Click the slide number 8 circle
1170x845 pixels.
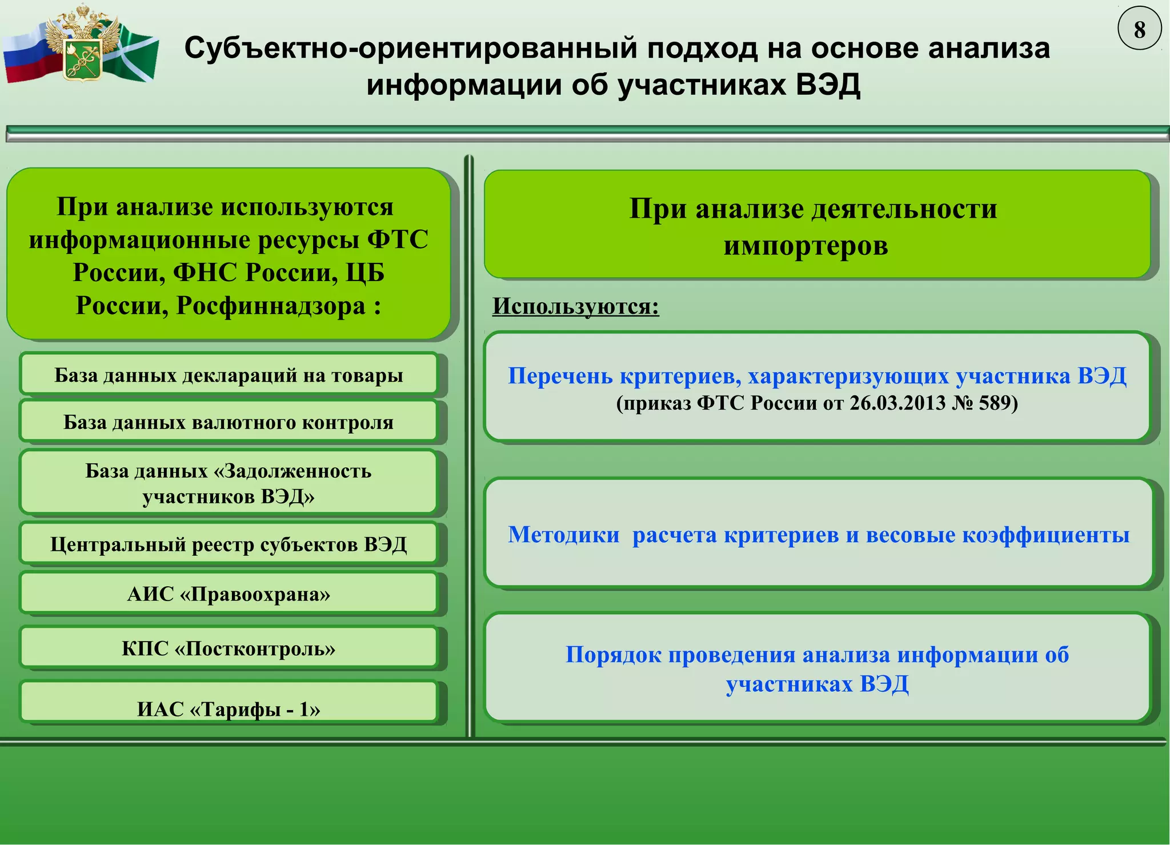(1139, 29)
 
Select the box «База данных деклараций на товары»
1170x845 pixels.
(229, 375)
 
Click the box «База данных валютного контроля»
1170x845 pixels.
(229, 422)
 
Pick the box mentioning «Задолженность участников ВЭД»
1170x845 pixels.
(229, 483)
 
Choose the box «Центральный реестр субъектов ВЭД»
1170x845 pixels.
(229, 544)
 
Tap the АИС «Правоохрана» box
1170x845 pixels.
(229, 594)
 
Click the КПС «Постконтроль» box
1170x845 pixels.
(229, 648)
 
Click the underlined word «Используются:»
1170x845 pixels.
(575, 306)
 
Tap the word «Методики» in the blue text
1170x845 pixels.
(563, 535)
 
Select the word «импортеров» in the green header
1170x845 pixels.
(806, 246)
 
